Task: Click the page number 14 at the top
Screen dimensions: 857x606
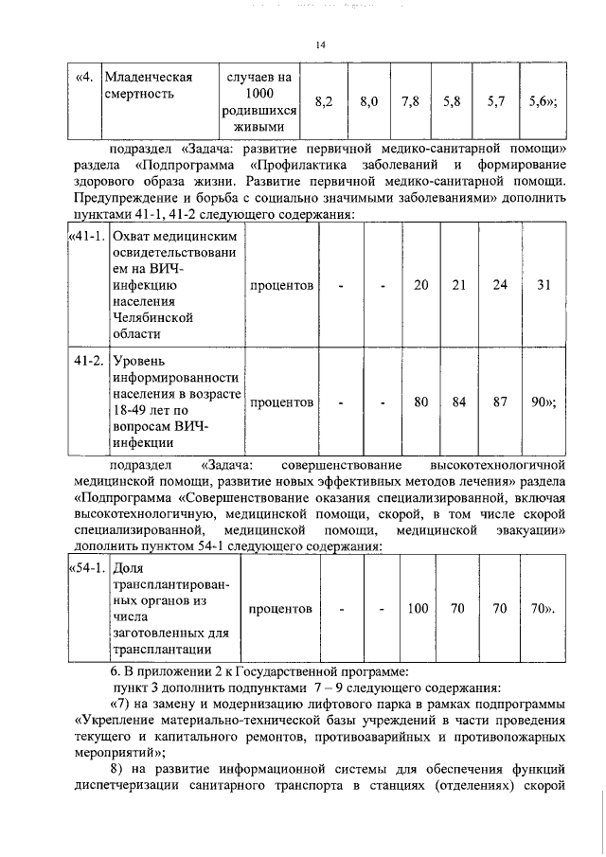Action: click(320, 45)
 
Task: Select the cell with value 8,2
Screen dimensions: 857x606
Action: click(322, 101)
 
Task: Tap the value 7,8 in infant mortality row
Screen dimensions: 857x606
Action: click(410, 101)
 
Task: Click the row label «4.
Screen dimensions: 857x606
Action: click(84, 77)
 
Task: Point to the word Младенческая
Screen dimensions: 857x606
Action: click(150, 77)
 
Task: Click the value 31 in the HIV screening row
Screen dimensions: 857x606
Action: click(543, 285)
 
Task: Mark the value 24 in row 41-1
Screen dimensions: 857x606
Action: click(499, 285)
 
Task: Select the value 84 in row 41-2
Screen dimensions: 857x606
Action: click(459, 402)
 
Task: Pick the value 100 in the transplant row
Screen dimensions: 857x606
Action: click(418, 609)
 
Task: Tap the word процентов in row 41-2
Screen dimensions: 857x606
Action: click(281, 402)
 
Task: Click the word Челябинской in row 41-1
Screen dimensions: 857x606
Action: click(153, 317)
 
